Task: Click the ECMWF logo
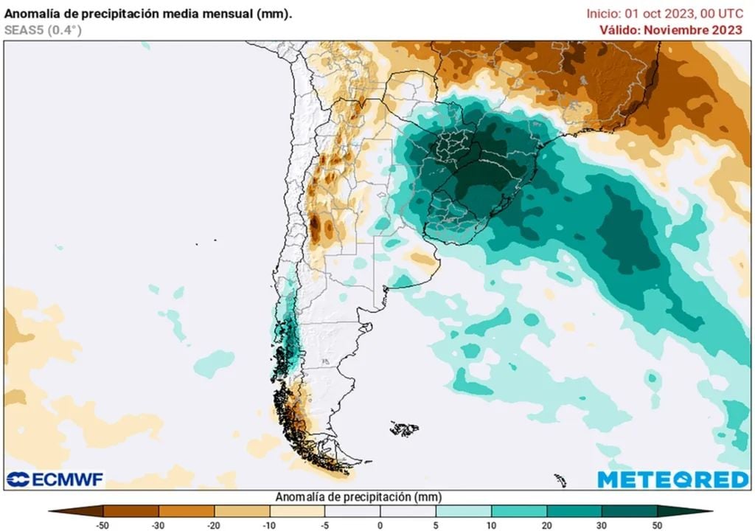(x=55, y=479)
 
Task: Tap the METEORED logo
(x=672, y=479)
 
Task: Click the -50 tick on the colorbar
(x=103, y=525)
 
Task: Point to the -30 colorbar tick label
(x=159, y=525)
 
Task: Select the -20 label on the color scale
(x=214, y=525)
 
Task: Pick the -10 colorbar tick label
(x=269, y=525)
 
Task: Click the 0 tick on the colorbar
(x=380, y=525)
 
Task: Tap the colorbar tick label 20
(x=546, y=525)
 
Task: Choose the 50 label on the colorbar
(x=658, y=525)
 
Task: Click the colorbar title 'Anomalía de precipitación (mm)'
(x=358, y=497)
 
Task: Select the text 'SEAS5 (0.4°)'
(x=43, y=30)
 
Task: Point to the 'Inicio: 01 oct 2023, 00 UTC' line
(x=664, y=13)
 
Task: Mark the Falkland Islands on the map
(x=404, y=428)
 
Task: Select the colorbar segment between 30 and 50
(x=630, y=510)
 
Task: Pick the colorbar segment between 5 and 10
(x=463, y=510)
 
